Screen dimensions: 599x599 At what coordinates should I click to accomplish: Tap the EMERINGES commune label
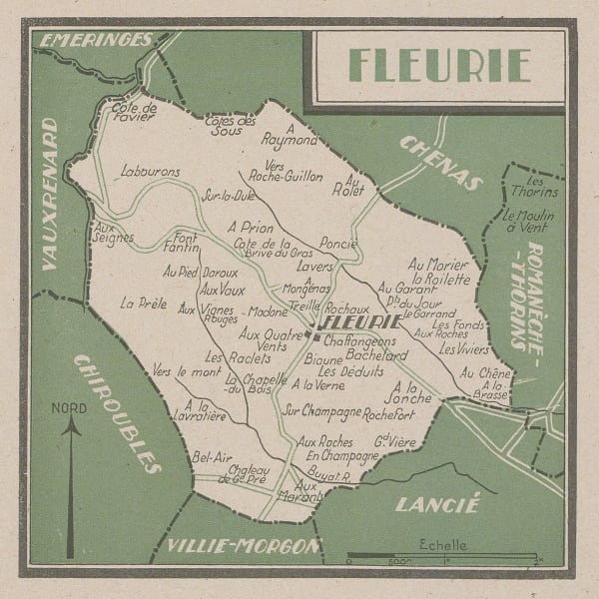94,41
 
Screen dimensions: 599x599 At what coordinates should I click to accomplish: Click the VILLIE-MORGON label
244,545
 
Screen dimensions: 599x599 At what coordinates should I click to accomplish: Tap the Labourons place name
150,172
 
